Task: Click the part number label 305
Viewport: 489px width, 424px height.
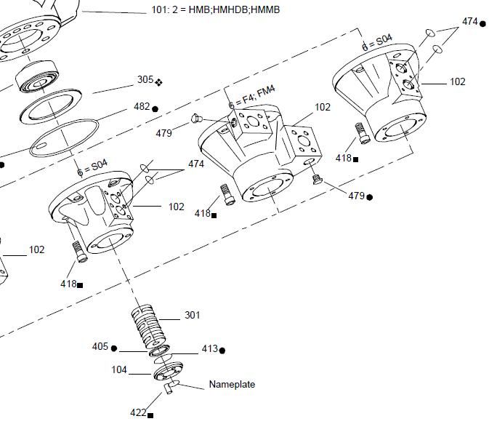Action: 145,80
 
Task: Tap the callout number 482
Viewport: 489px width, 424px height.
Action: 141,107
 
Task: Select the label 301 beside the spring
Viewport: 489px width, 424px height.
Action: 192,315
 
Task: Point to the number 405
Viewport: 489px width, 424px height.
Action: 100,347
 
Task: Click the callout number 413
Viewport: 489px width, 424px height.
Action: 209,349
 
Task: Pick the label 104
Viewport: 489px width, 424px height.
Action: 119,370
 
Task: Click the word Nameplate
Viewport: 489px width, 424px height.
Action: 232,384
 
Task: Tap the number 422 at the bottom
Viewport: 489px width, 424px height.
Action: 138,412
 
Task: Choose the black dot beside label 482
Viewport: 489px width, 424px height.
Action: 155,109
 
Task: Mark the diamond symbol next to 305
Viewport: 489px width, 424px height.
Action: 158,82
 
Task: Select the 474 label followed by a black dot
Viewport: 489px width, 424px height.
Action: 470,22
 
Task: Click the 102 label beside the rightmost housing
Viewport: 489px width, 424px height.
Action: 457,81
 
